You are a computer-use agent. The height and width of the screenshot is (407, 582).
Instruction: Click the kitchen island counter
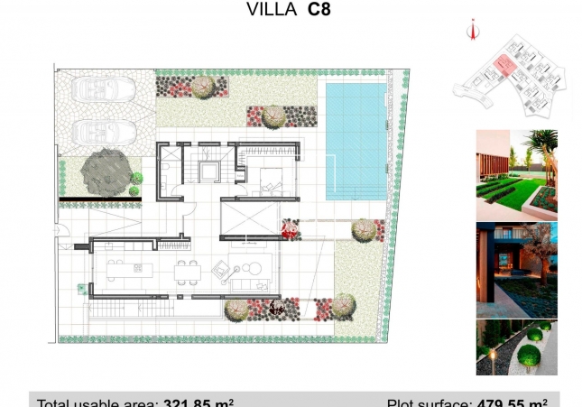click(x=125, y=267)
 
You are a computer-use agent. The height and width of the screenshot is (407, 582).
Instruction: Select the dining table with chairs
click(x=188, y=269)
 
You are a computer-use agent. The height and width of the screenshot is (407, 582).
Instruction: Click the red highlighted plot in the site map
click(x=503, y=64)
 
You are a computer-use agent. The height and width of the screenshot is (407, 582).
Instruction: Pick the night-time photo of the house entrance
click(x=517, y=266)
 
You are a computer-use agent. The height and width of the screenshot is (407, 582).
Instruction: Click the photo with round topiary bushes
click(x=517, y=347)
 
